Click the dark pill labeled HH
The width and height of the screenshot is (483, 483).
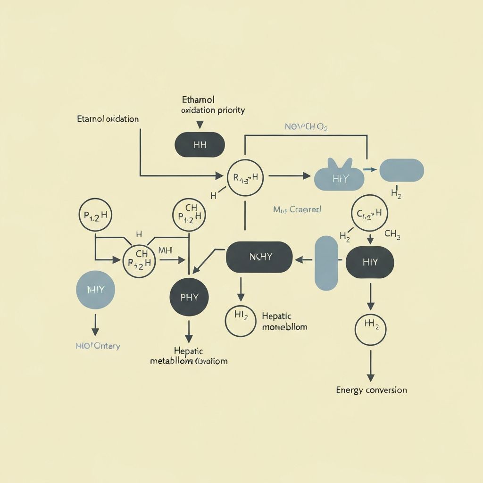(200, 144)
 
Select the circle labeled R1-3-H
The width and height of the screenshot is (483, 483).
(245, 177)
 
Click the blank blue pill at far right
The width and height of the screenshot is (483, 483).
(401, 170)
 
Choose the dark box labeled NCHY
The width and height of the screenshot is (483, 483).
(259, 257)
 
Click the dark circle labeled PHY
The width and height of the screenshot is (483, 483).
(189, 297)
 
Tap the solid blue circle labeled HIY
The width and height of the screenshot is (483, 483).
(96, 290)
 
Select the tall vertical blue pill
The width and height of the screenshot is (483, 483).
(326, 263)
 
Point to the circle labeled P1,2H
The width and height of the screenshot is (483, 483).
(96, 215)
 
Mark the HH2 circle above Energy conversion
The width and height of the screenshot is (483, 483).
(370, 326)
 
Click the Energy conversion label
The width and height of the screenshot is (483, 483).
(371, 390)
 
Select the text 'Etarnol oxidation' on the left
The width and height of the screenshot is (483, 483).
(108, 119)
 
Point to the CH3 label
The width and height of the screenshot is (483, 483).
(392, 233)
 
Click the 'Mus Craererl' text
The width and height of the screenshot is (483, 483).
(297, 209)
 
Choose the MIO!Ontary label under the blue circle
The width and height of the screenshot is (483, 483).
(98, 346)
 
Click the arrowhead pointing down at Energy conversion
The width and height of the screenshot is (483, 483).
(370, 377)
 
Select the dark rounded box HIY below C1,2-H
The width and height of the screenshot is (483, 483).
(370, 262)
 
